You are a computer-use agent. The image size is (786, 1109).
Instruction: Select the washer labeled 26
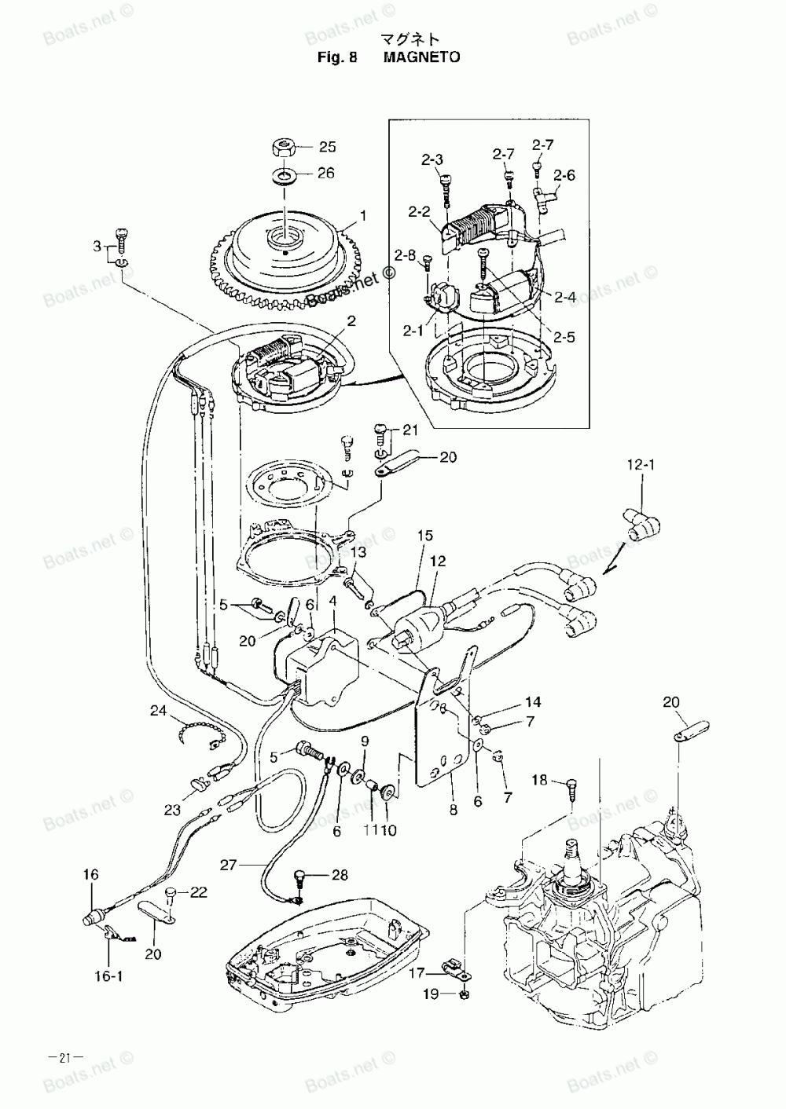285,174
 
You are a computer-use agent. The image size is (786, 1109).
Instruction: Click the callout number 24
160,712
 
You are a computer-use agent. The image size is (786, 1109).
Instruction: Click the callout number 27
228,865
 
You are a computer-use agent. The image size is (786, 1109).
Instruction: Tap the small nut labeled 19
464,995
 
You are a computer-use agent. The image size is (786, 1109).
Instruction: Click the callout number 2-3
432,159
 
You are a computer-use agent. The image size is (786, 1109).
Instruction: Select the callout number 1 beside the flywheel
363,214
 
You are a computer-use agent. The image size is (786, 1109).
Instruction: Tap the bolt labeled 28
300,877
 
